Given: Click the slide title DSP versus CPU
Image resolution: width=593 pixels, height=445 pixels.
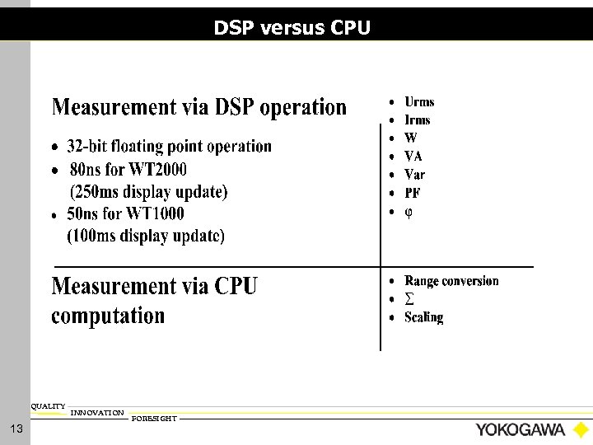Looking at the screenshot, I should (x=292, y=28).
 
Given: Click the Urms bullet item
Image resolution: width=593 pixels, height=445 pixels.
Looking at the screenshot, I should (x=419, y=102).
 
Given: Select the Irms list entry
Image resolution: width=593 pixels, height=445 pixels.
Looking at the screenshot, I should (x=418, y=120).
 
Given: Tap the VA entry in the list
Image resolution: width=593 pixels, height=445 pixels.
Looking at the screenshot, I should (x=413, y=157).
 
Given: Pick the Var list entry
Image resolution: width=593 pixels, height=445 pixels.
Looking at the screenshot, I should (x=415, y=175).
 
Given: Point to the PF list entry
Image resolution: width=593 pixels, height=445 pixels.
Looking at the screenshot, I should (x=413, y=194).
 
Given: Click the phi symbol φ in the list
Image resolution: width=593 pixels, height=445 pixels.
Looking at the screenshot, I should (x=409, y=212).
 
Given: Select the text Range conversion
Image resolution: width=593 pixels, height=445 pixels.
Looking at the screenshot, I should (x=451, y=281).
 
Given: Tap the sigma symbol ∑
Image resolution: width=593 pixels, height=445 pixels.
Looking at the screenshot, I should (x=409, y=299).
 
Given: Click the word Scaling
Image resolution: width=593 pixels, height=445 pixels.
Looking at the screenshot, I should (x=423, y=317).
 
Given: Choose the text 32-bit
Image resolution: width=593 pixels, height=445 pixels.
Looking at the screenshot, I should (x=90, y=147).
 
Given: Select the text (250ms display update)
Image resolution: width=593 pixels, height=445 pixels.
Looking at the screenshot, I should (x=148, y=192).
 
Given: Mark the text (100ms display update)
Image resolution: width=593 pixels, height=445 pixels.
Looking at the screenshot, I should (x=147, y=236).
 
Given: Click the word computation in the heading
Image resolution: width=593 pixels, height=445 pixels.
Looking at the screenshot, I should (x=108, y=316).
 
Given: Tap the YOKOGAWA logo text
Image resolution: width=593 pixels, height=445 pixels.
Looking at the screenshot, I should (x=520, y=430).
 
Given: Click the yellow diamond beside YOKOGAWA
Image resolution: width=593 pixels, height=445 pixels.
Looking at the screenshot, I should (x=581, y=430).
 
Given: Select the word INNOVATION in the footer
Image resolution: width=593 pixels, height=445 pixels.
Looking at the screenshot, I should (x=97, y=412).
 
